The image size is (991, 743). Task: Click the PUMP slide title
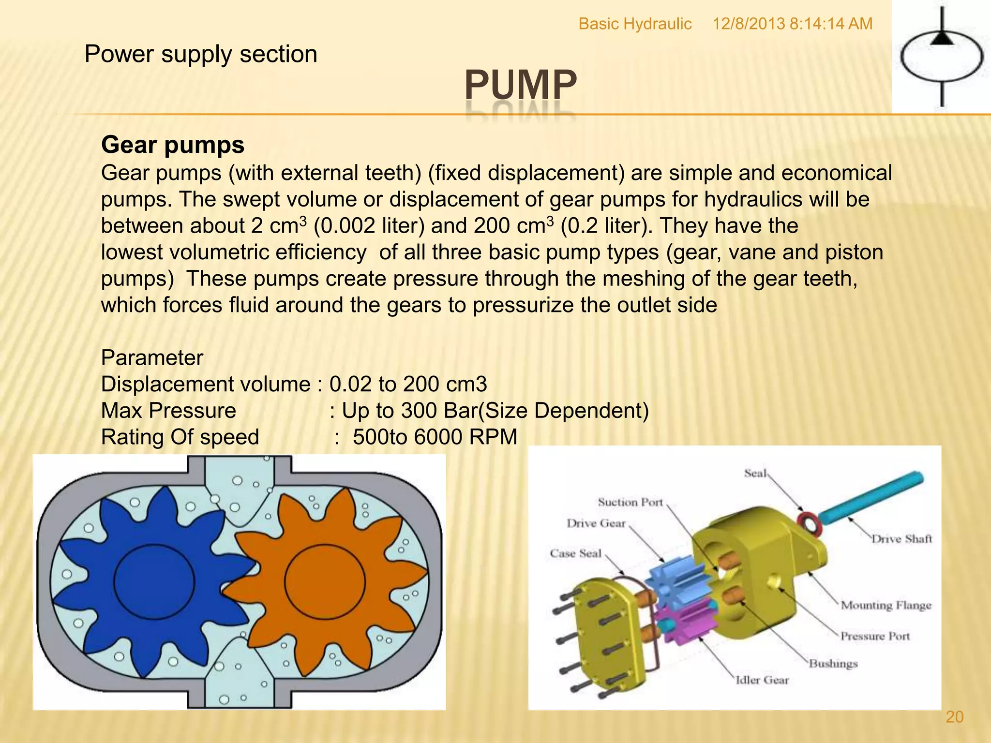(x=521, y=85)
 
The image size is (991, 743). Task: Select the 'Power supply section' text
(x=201, y=54)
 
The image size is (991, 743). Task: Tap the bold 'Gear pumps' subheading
(x=173, y=145)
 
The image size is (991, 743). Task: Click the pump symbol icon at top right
(x=941, y=57)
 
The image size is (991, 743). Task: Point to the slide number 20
(x=954, y=717)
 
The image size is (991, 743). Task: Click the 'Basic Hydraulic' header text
(x=635, y=24)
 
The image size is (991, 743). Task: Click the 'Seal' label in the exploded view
(x=755, y=473)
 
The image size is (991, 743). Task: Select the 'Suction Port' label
(x=630, y=502)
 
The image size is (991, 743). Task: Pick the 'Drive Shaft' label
(x=901, y=539)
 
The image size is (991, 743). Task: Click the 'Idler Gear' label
(x=762, y=680)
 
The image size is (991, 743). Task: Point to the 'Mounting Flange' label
(x=886, y=605)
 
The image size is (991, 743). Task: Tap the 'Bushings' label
(x=833, y=663)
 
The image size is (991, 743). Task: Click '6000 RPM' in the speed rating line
(x=465, y=437)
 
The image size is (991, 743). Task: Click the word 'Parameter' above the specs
(x=152, y=358)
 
